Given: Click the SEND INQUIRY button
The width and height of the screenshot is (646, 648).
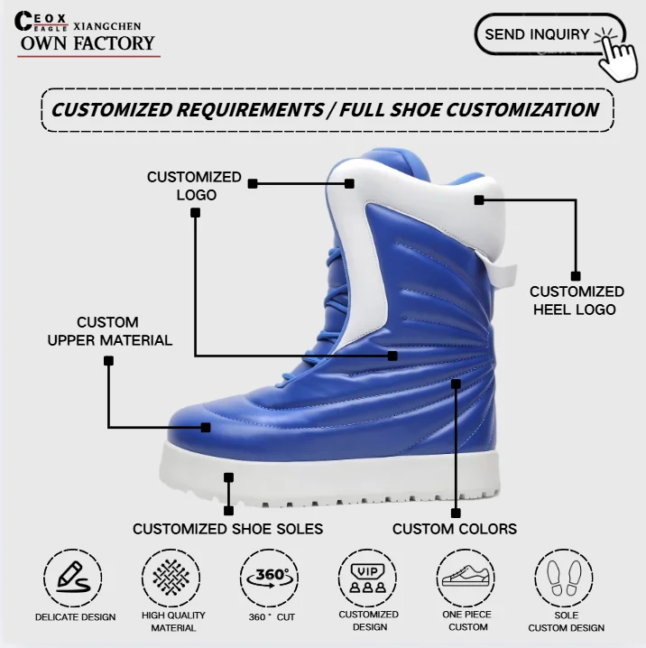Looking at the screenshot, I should (538, 34).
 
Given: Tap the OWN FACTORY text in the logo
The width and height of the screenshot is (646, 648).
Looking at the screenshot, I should (87, 42).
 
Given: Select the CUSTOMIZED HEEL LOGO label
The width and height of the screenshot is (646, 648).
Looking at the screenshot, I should (577, 301).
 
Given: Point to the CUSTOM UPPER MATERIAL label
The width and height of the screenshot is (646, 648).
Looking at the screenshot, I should (108, 331).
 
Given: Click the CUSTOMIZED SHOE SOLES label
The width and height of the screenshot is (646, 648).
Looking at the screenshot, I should (227, 529).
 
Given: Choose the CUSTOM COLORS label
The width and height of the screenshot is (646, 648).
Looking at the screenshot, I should (454, 529).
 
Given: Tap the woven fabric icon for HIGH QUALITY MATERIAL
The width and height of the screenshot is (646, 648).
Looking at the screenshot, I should (172, 576).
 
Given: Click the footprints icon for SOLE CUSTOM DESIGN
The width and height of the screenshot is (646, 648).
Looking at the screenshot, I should (566, 576).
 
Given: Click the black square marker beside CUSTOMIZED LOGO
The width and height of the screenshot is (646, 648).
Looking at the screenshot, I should (253, 183).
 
